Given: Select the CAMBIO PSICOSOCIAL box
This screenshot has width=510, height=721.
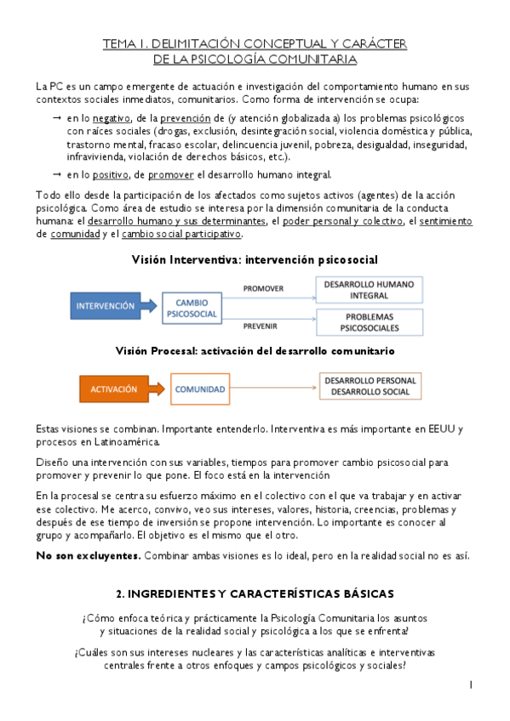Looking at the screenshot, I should click(x=192, y=306).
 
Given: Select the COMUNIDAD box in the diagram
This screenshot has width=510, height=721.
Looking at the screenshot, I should click(x=200, y=389).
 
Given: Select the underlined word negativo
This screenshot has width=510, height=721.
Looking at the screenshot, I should click(x=110, y=118).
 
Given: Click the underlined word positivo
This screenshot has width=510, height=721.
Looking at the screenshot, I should click(x=109, y=175).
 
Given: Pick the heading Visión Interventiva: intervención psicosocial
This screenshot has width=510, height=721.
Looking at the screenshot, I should click(x=255, y=258).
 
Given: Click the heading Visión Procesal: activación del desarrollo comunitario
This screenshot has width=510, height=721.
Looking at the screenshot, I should click(x=255, y=349).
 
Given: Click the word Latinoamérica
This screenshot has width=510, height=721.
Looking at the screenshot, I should click(x=123, y=442).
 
